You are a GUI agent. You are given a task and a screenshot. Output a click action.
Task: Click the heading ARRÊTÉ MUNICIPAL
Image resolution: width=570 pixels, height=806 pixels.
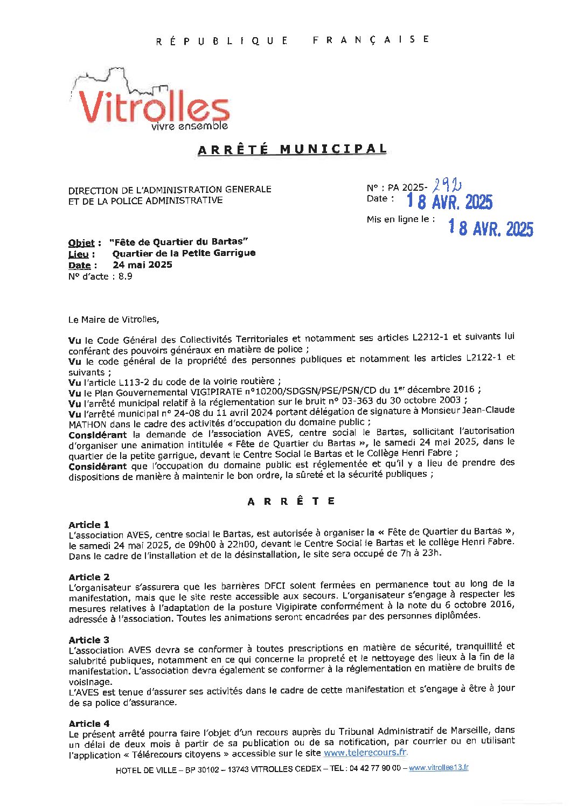coord(292,149)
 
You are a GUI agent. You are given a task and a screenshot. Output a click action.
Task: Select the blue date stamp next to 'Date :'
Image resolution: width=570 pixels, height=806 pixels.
coord(449,202)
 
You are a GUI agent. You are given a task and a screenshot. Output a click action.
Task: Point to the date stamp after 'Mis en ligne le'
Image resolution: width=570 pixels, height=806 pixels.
coord(491,228)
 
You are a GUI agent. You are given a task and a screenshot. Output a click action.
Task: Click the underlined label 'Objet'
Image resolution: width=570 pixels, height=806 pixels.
coord(81,243)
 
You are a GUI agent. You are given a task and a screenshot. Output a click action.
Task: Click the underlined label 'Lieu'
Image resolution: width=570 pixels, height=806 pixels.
coord(79,254)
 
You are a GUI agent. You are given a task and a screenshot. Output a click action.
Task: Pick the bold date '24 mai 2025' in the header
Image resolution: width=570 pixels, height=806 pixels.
coord(142,265)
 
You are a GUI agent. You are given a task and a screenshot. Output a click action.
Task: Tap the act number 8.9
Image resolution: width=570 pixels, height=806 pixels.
coord(125,276)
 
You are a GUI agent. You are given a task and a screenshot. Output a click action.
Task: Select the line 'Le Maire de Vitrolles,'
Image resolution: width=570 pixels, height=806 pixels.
coord(114,319)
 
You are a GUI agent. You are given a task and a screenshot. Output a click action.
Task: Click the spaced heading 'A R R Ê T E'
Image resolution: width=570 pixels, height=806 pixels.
coord(291,502)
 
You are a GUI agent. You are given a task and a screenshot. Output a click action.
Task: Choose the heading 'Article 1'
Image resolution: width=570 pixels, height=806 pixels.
coord(89,525)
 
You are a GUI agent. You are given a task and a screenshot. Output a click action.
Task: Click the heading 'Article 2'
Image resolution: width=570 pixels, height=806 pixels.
coord(89,577)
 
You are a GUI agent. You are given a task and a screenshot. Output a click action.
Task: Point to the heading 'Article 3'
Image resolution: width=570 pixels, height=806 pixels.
coord(89,640)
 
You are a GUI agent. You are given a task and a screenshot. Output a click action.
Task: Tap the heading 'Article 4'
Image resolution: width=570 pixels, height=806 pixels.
coord(89,724)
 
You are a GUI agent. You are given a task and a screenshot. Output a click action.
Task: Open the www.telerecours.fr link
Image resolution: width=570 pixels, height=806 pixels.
coord(366,753)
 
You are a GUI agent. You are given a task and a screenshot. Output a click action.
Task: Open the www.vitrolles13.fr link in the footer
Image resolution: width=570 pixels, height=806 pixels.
coord(439,768)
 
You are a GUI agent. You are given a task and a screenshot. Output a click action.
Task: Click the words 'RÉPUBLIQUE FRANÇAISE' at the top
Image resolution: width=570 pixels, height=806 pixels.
coord(293,40)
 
